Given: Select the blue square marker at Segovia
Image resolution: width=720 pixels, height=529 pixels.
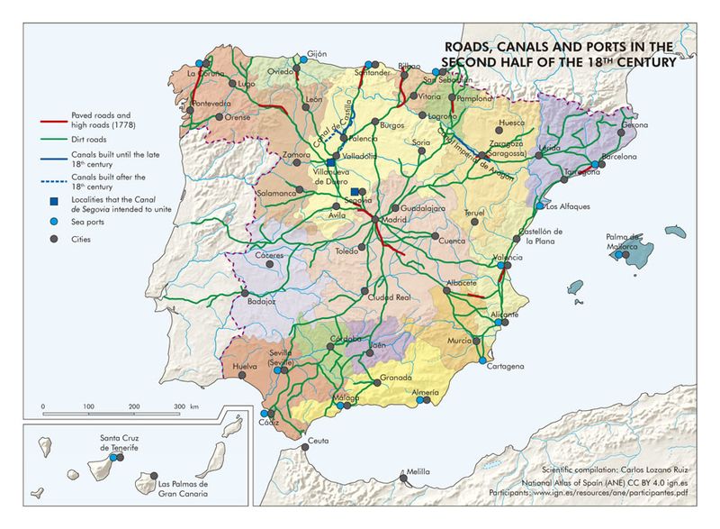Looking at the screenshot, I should click(357, 192).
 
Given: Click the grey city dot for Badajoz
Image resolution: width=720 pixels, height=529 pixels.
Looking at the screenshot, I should click(244, 293).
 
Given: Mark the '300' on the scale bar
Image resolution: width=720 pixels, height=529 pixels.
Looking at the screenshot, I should click(179, 407).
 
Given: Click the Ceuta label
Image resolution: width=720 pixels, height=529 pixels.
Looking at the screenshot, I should click(319, 441).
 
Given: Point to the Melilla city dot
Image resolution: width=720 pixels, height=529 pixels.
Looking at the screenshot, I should click(405, 467).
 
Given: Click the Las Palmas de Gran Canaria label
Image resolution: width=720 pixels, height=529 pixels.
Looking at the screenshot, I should click(170, 488).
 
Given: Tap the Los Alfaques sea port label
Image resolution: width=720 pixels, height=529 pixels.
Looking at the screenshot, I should click(568, 206).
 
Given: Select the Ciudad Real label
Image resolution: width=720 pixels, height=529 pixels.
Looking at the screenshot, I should click(390, 296).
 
